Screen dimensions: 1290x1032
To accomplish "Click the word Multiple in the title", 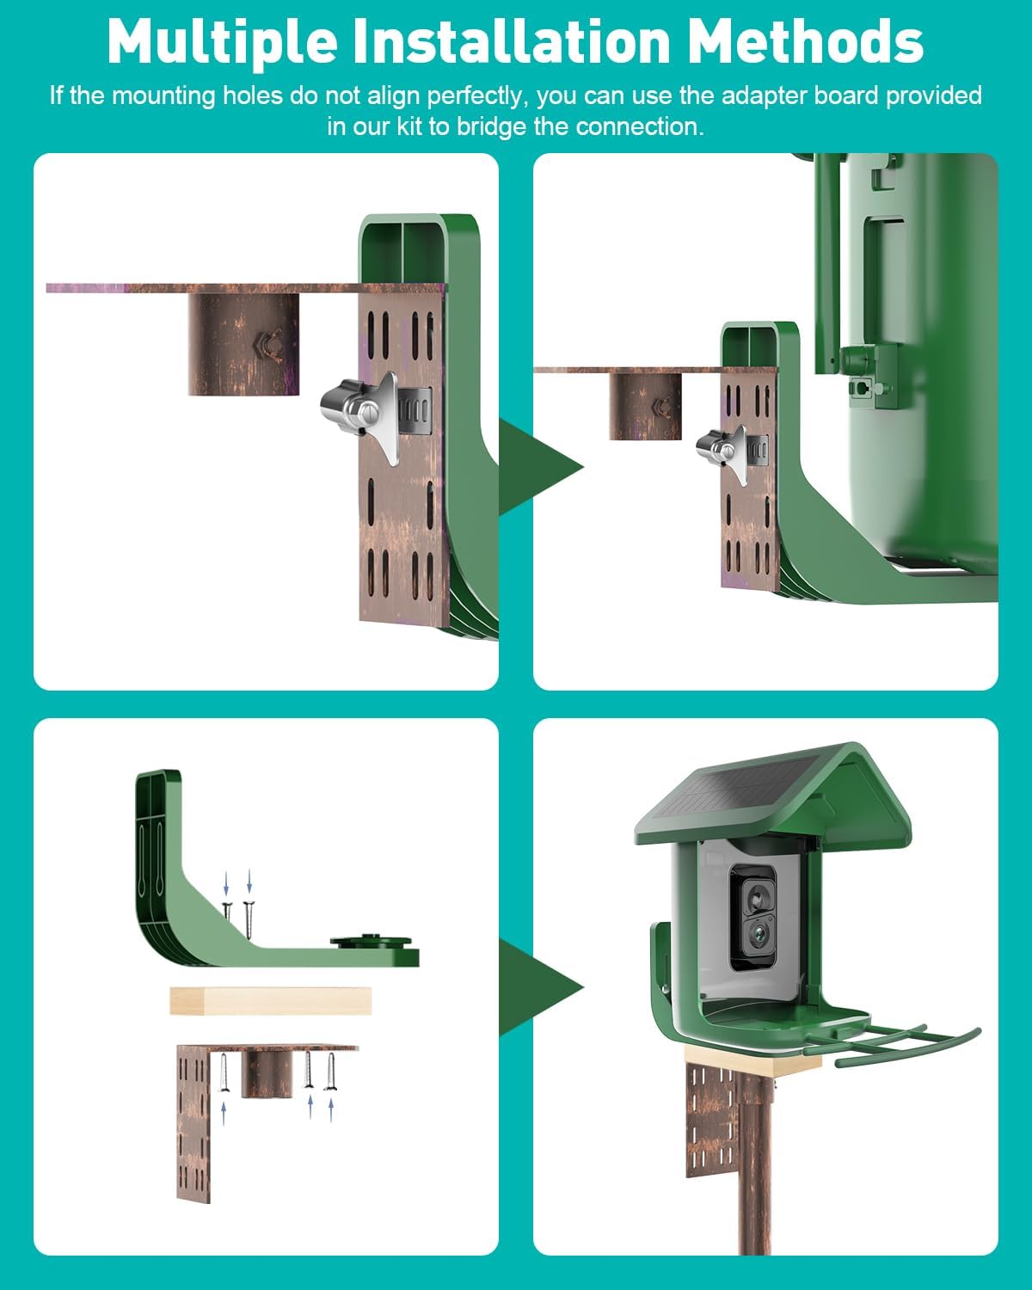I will (x=222, y=40).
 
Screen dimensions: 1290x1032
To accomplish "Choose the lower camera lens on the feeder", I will (x=758, y=935).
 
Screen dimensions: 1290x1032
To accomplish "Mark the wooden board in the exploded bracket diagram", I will (x=271, y=1001).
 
